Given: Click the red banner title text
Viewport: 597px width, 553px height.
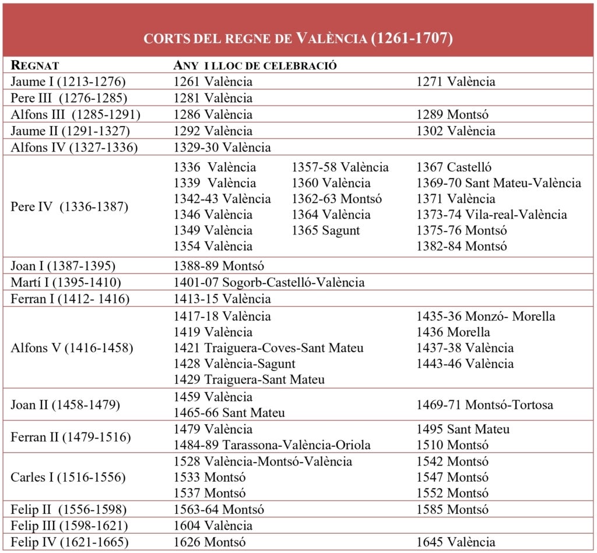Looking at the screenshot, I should coord(298,38).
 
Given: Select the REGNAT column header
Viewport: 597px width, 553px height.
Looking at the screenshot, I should coord(35,65).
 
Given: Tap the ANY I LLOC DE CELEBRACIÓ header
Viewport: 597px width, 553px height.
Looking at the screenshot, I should coord(255,65).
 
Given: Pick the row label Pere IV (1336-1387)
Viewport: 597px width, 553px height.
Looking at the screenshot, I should coord(69,207).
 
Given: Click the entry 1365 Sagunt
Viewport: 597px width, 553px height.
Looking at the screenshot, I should coord(326,230).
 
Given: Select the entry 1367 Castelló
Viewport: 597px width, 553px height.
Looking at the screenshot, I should coord(454,167).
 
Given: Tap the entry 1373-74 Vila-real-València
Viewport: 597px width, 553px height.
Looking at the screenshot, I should coord(491,215).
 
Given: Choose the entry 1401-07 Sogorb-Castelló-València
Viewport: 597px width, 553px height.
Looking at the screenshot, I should coord(269,283).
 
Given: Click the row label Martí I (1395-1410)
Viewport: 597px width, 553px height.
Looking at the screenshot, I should coord(66,283).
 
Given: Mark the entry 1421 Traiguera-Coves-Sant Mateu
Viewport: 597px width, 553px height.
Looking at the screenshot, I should coord(268,348).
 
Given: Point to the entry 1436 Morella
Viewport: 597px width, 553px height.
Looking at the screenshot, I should coord(453,332).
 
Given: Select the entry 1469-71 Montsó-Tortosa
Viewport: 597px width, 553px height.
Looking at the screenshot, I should coord(484,405).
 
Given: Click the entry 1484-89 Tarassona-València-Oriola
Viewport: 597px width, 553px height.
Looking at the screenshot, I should coord(272,446).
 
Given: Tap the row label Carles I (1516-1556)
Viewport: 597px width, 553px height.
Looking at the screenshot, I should coord(68,477).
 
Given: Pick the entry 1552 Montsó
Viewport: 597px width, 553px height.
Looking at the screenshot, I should coord(452,494).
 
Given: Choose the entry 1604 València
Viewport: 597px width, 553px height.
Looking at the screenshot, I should coord(213,526).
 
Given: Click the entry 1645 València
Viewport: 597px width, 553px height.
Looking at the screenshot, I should coord(455,542).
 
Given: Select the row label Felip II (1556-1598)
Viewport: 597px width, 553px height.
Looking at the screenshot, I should coord(69,509).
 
